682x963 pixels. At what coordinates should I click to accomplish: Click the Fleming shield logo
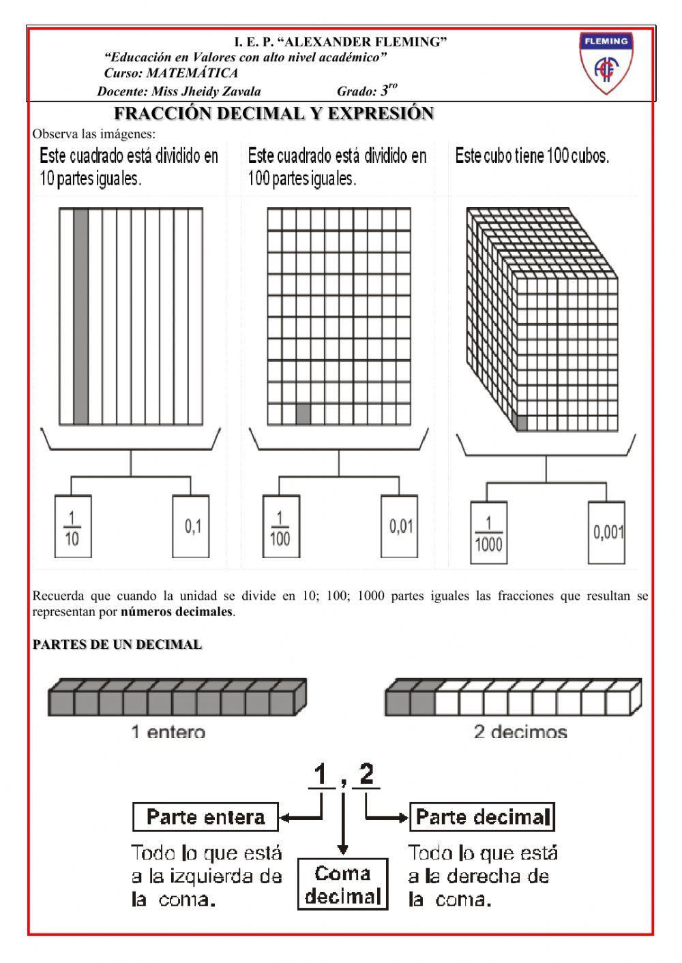click(x=606, y=63)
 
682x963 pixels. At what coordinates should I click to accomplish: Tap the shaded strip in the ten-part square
click(x=80, y=316)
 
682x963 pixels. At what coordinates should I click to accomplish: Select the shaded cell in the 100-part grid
click(x=303, y=414)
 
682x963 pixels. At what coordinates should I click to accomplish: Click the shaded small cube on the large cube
click(x=522, y=423)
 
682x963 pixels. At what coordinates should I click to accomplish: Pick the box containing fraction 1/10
click(x=72, y=527)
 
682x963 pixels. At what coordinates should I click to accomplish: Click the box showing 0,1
click(x=192, y=527)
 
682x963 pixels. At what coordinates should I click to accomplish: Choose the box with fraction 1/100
click(x=280, y=527)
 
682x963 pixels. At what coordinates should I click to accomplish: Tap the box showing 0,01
click(x=400, y=527)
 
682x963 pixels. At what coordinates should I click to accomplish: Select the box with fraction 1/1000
click(x=488, y=533)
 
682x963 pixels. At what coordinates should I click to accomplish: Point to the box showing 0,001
click(x=608, y=533)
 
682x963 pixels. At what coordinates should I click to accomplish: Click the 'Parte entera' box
click(x=205, y=816)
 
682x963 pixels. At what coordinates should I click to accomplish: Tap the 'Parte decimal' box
click(x=482, y=816)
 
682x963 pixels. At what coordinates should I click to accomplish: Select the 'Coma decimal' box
click(x=343, y=885)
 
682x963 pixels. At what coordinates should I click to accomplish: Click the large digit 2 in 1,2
click(x=366, y=775)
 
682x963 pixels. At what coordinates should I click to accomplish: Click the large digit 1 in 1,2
click(x=320, y=775)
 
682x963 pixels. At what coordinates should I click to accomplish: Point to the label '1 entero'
click(x=168, y=733)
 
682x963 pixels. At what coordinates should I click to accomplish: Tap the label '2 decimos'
click(x=520, y=733)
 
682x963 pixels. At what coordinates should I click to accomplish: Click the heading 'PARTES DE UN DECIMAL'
click(x=117, y=645)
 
